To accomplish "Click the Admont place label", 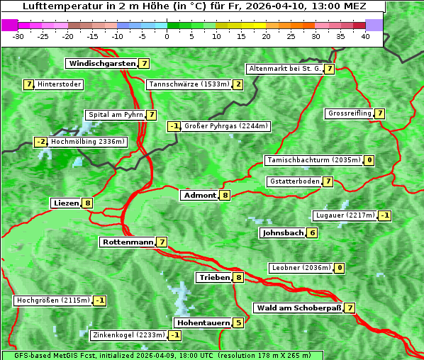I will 199,195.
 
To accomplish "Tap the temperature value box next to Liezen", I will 87,203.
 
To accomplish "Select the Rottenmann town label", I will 128,242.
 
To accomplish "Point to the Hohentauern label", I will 203,323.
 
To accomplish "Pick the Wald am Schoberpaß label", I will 298,308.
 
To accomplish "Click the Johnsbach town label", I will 283,232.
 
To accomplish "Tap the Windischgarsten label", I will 101,64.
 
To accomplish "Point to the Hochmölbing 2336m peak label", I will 88,142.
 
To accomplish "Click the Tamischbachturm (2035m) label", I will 313,160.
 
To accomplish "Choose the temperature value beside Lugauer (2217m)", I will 384,215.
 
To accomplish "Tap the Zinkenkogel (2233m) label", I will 128,335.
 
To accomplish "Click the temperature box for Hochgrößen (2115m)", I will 100,300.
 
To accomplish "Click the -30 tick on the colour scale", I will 18,36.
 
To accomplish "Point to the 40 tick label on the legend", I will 365,36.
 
